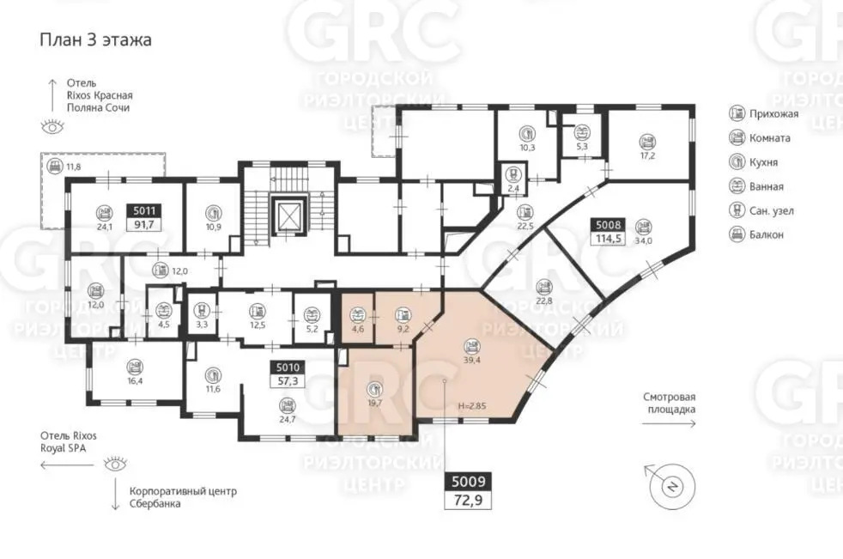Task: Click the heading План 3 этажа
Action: (x=95, y=39)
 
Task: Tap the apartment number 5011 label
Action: (x=144, y=211)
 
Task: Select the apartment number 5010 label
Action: (x=288, y=368)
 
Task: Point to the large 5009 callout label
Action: (x=468, y=481)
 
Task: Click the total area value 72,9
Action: (x=468, y=501)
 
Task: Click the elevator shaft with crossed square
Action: (x=290, y=216)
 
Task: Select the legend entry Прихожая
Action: (x=764, y=113)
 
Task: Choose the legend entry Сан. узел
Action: (x=761, y=210)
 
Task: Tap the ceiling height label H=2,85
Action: (x=472, y=406)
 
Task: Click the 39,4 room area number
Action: (x=471, y=360)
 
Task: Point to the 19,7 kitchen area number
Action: (x=374, y=403)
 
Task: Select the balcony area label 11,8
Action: (x=74, y=167)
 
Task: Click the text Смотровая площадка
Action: (x=670, y=403)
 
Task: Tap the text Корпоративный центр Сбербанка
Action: (x=183, y=498)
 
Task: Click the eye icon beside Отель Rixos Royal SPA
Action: (x=115, y=463)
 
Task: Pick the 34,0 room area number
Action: (x=643, y=240)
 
